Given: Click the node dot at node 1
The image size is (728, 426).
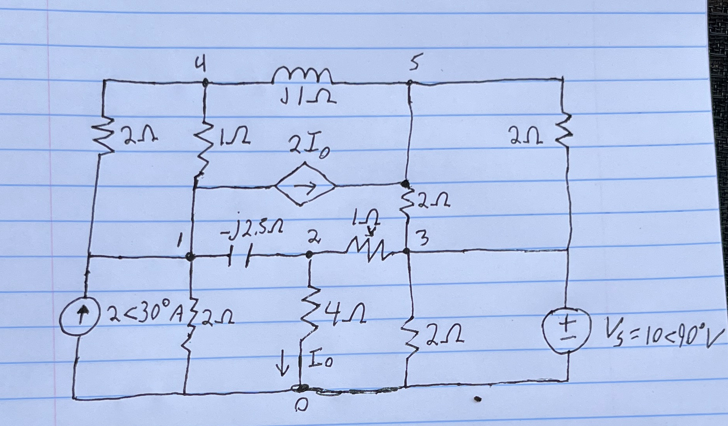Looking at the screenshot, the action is tap(190, 257).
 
